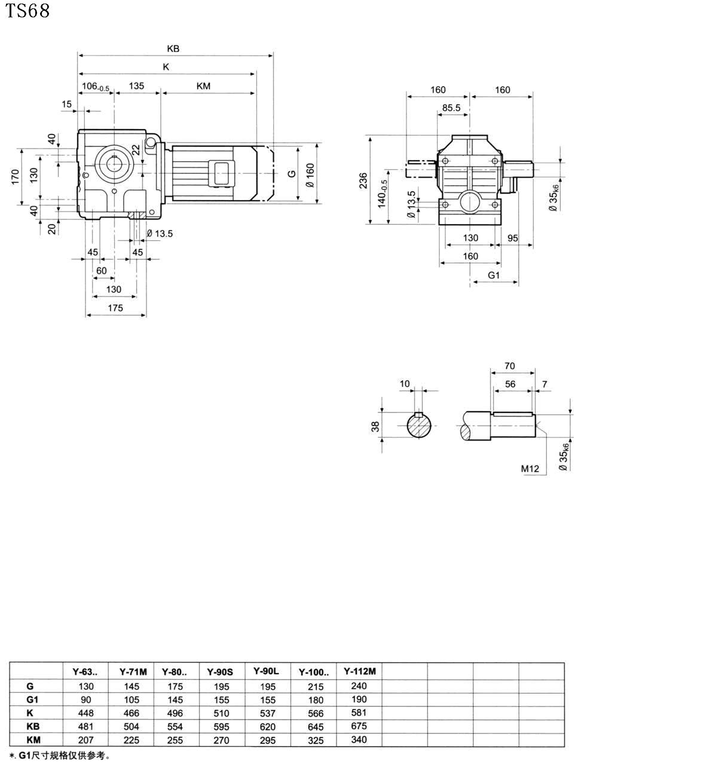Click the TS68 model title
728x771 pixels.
pos(27,11)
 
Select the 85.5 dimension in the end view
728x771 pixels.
pos(451,108)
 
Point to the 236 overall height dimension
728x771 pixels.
pos(364,180)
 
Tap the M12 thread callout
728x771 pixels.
pos(530,469)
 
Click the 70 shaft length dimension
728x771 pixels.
pos(509,366)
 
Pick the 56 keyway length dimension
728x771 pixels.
pos(510,384)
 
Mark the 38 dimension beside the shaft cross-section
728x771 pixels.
pos(375,426)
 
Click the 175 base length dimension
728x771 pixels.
pos(115,308)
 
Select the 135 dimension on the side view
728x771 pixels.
pos(136,86)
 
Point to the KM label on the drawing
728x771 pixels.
pos(203,86)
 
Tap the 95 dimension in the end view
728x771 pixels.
pos(512,238)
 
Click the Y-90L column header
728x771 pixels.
pos(266,671)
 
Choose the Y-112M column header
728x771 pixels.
pos(359,671)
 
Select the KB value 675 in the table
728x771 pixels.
pos(359,726)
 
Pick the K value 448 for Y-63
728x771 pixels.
pos(86,713)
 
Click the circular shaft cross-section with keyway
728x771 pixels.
pos(421,426)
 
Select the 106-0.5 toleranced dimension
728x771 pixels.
pos(95,87)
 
